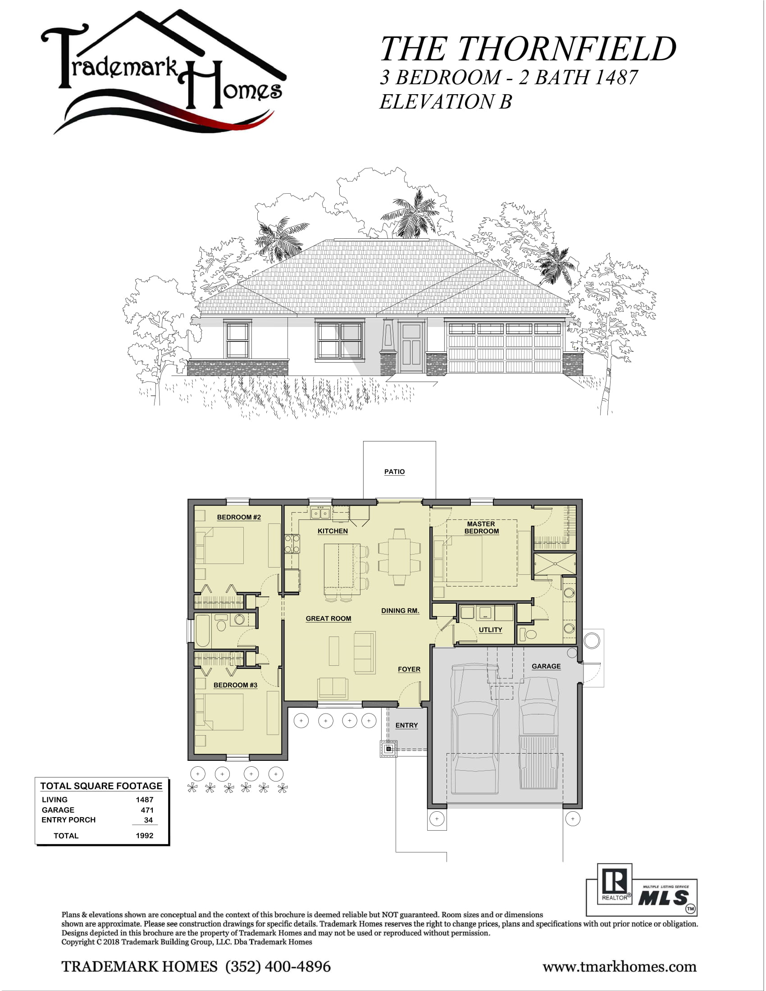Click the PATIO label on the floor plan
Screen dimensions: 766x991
point(394,472)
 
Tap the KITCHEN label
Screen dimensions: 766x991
point(333,531)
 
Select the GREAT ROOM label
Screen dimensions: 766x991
point(328,618)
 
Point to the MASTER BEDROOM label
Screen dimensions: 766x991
point(482,527)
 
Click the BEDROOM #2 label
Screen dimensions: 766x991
point(239,517)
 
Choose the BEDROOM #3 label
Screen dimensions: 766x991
point(236,685)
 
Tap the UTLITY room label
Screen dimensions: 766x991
point(491,630)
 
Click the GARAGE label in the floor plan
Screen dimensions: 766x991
point(547,666)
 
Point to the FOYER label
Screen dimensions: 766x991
point(409,669)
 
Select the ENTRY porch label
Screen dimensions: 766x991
point(406,726)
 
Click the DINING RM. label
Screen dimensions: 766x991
point(400,611)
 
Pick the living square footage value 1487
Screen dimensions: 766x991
point(145,800)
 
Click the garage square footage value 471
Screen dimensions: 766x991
point(147,810)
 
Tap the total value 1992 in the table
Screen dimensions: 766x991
point(145,836)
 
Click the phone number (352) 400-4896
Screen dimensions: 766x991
point(278,967)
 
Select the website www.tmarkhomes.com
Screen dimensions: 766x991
point(620,968)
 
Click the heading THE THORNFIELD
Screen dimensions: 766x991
point(528,49)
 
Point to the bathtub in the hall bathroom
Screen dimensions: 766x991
point(203,631)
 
